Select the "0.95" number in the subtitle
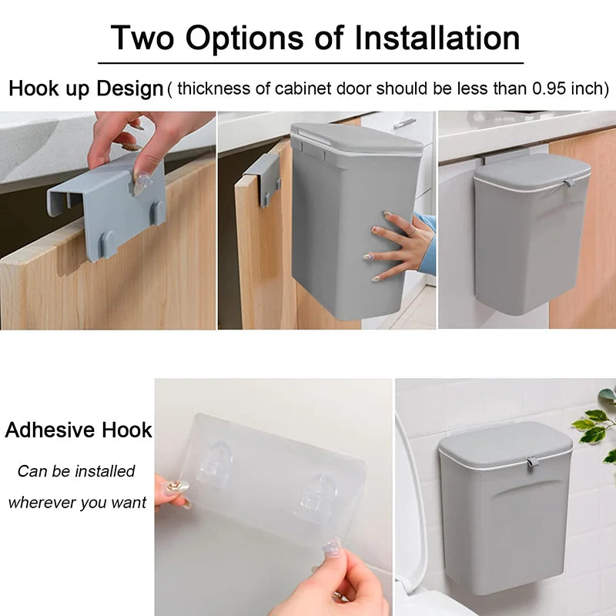(551, 89)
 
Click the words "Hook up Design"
(86, 89)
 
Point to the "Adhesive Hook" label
(79, 430)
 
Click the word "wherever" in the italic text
(45, 503)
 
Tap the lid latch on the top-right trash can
(567, 183)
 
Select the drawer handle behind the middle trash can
(403, 122)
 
